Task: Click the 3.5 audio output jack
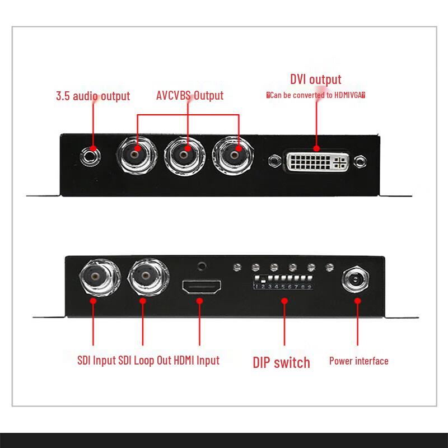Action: tap(91, 153)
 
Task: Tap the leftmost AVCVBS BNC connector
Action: tap(137, 153)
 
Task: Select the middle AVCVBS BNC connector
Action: tap(185, 153)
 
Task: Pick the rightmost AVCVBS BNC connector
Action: tap(234, 153)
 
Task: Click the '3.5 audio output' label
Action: tap(93, 96)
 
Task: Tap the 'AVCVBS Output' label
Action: tap(189, 95)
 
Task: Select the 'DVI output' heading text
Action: tap(315, 79)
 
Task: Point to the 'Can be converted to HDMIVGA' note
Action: tap(316, 95)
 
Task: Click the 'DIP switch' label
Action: tap(281, 362)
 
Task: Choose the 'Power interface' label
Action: tap(358, 361)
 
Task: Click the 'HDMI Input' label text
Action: tap(197, 360)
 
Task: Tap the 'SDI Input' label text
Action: tap(97, 360)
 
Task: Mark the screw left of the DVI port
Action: tap(274, 162)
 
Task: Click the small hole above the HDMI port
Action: tap(202, 267)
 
